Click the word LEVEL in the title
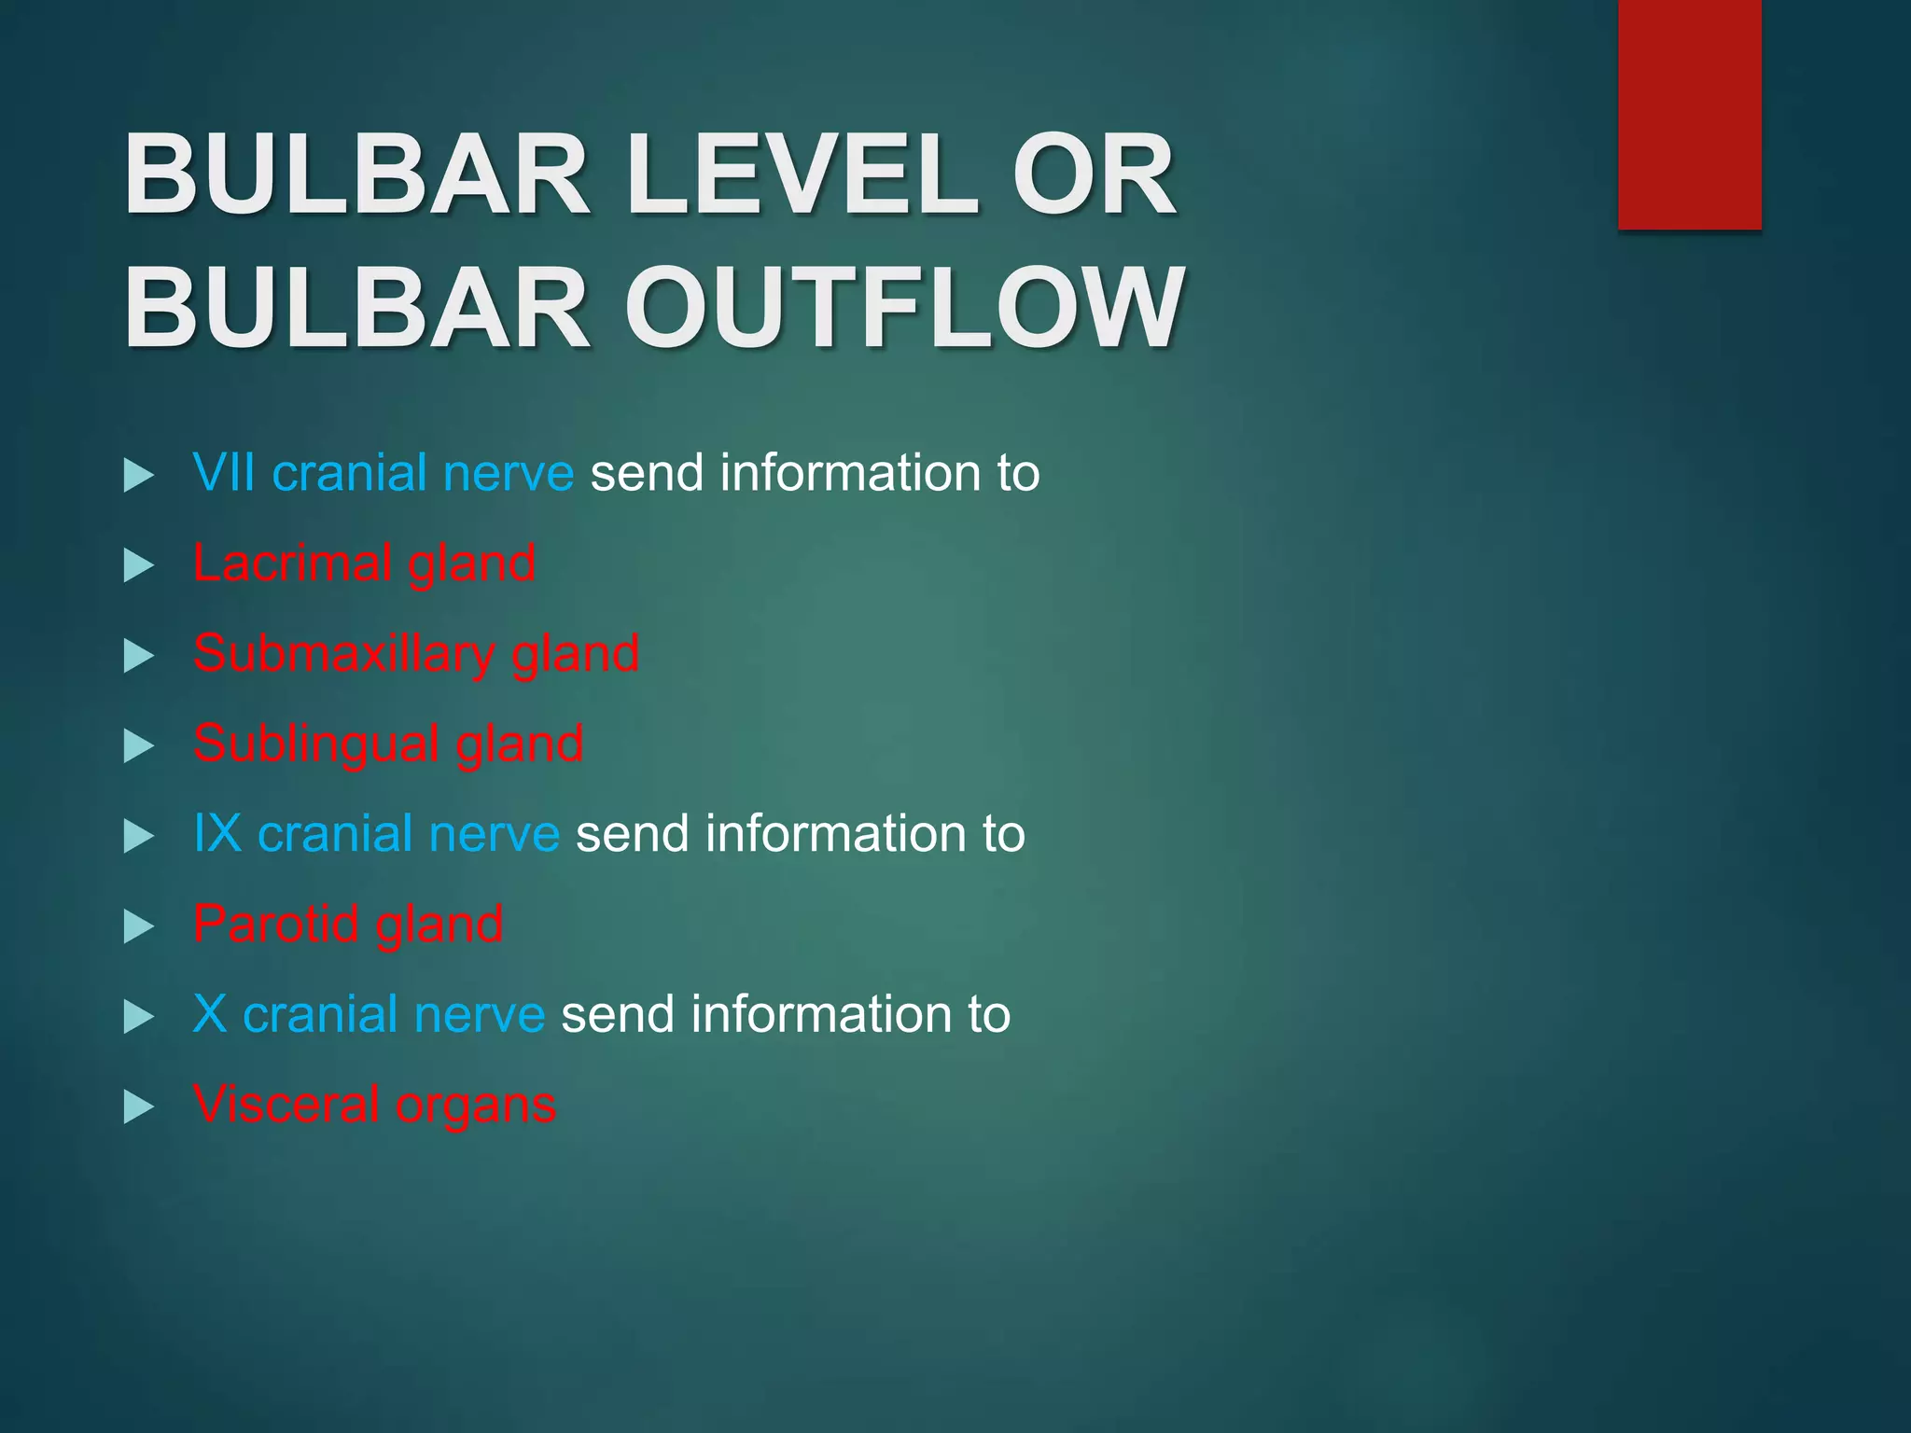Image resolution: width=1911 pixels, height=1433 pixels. [802, 174]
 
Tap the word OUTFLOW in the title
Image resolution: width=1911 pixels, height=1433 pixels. [904, 308]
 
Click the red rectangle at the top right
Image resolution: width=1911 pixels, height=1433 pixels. [1689, 114]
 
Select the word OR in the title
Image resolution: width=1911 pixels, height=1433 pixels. [1094, 174]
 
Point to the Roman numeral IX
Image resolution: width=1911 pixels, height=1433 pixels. [217, 833]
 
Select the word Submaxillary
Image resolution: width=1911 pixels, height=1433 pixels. [343, 653]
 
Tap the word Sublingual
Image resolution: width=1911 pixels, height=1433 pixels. [315, 744]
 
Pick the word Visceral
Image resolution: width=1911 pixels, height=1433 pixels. [286, 1104]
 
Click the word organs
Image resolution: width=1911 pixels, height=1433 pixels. [476, 1107]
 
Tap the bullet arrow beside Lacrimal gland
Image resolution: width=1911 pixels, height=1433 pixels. [138, 565]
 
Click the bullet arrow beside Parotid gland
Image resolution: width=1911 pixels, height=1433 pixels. [138, 926]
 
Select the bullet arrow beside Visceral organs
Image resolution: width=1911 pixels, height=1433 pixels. [138, 1107]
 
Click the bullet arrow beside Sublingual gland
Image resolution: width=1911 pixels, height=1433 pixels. [138, 746]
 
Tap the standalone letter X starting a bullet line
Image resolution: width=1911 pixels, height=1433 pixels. [210, 1013]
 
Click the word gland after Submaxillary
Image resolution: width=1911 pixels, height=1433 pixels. [575, 655]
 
